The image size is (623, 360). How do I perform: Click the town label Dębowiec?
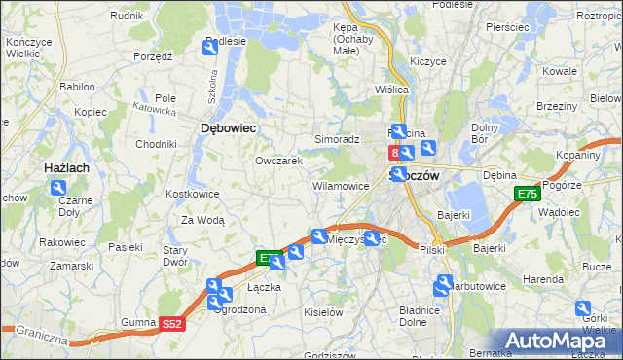tap(227, 127)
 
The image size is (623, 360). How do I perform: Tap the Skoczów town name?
tap(415, 176)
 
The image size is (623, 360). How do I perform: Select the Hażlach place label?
tap(67, 168)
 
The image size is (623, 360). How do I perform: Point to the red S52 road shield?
tap(171, 324)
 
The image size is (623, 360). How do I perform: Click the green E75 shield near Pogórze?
tap(527, 195)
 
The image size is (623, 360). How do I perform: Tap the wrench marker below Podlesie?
tap(211, 47)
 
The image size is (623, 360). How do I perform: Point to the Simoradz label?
tap(337, 140)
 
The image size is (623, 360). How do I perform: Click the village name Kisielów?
tap(323, 312)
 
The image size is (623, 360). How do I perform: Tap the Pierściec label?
tap(505, 27)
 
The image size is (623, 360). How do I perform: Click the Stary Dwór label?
tap(175, 255)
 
